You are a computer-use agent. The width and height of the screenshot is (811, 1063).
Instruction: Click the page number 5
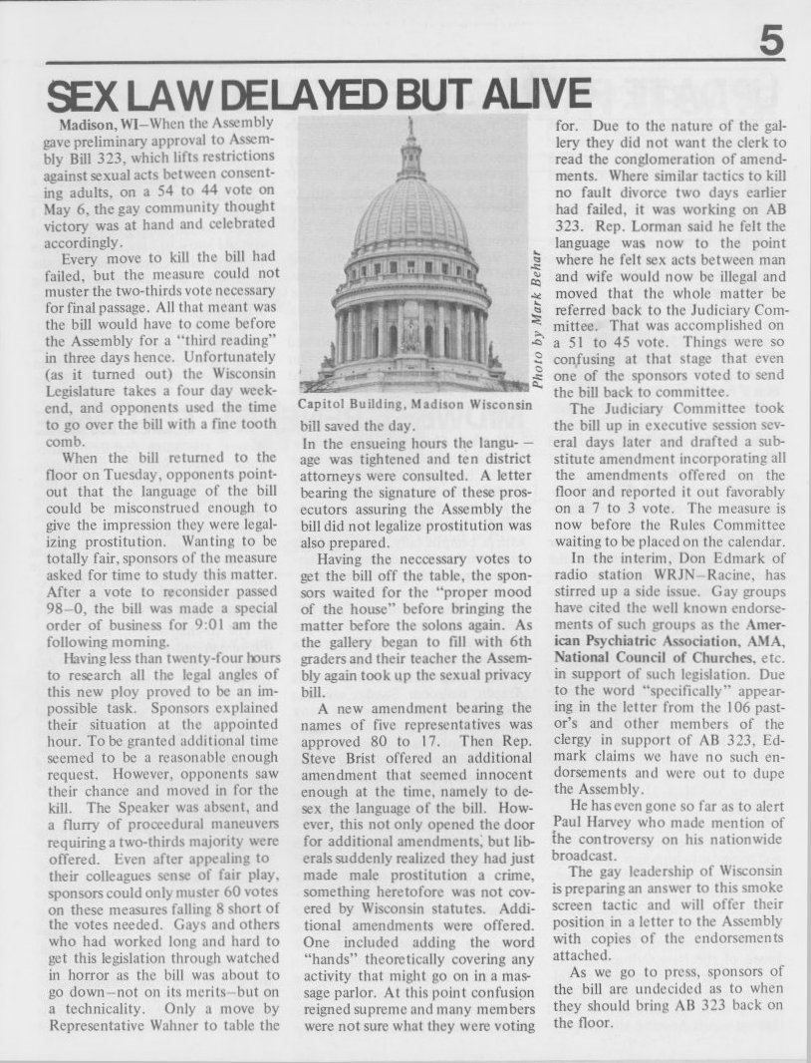(770, 42)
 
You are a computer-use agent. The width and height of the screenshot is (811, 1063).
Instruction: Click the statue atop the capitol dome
(408, 130)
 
